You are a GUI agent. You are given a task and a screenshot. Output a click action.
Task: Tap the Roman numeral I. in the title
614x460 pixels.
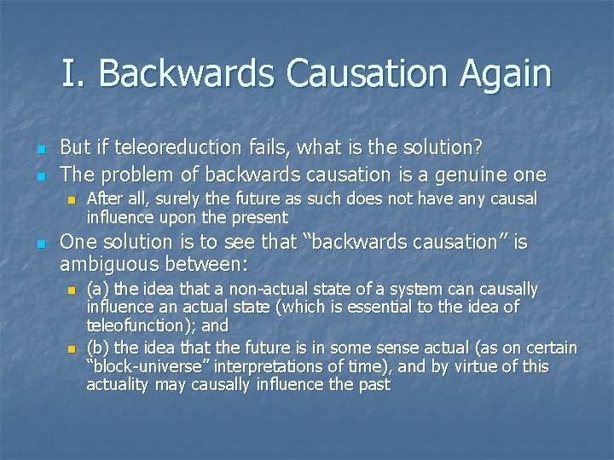click(74, 73)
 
